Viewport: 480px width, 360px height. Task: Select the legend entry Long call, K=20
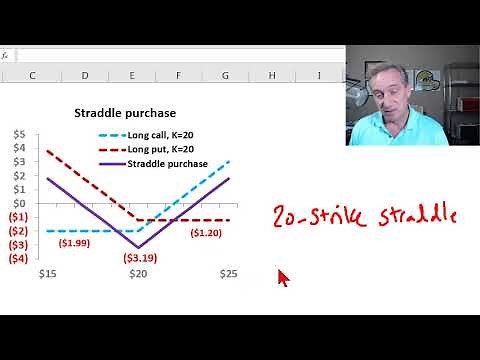coord(168,134)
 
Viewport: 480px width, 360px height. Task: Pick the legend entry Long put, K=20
coord(167,148)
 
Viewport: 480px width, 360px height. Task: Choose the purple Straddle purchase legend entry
coord(167,162)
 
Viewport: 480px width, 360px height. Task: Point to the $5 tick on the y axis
coord(20,133)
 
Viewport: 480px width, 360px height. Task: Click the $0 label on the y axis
coord(20,203)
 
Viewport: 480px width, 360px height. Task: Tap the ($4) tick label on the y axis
coord(19,258)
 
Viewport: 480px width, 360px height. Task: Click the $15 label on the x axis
coord(46,273)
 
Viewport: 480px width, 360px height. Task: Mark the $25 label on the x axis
coord(228,273)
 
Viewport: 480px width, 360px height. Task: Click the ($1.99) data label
coord(74,242)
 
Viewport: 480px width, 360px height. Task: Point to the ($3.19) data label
coord(140,257)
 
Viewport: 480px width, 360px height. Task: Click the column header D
coord(84,75)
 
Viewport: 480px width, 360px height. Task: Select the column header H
coord(272,75)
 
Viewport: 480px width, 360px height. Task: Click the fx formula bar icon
coord(5,56)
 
